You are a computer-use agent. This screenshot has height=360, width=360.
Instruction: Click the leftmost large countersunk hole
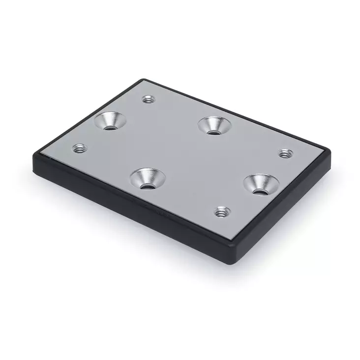tap(110, 120)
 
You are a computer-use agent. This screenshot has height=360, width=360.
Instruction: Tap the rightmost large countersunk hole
tap(261, 183)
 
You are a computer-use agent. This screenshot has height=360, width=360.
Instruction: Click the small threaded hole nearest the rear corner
tap(147, 99)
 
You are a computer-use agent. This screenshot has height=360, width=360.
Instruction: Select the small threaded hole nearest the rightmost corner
tap(283, 154)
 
